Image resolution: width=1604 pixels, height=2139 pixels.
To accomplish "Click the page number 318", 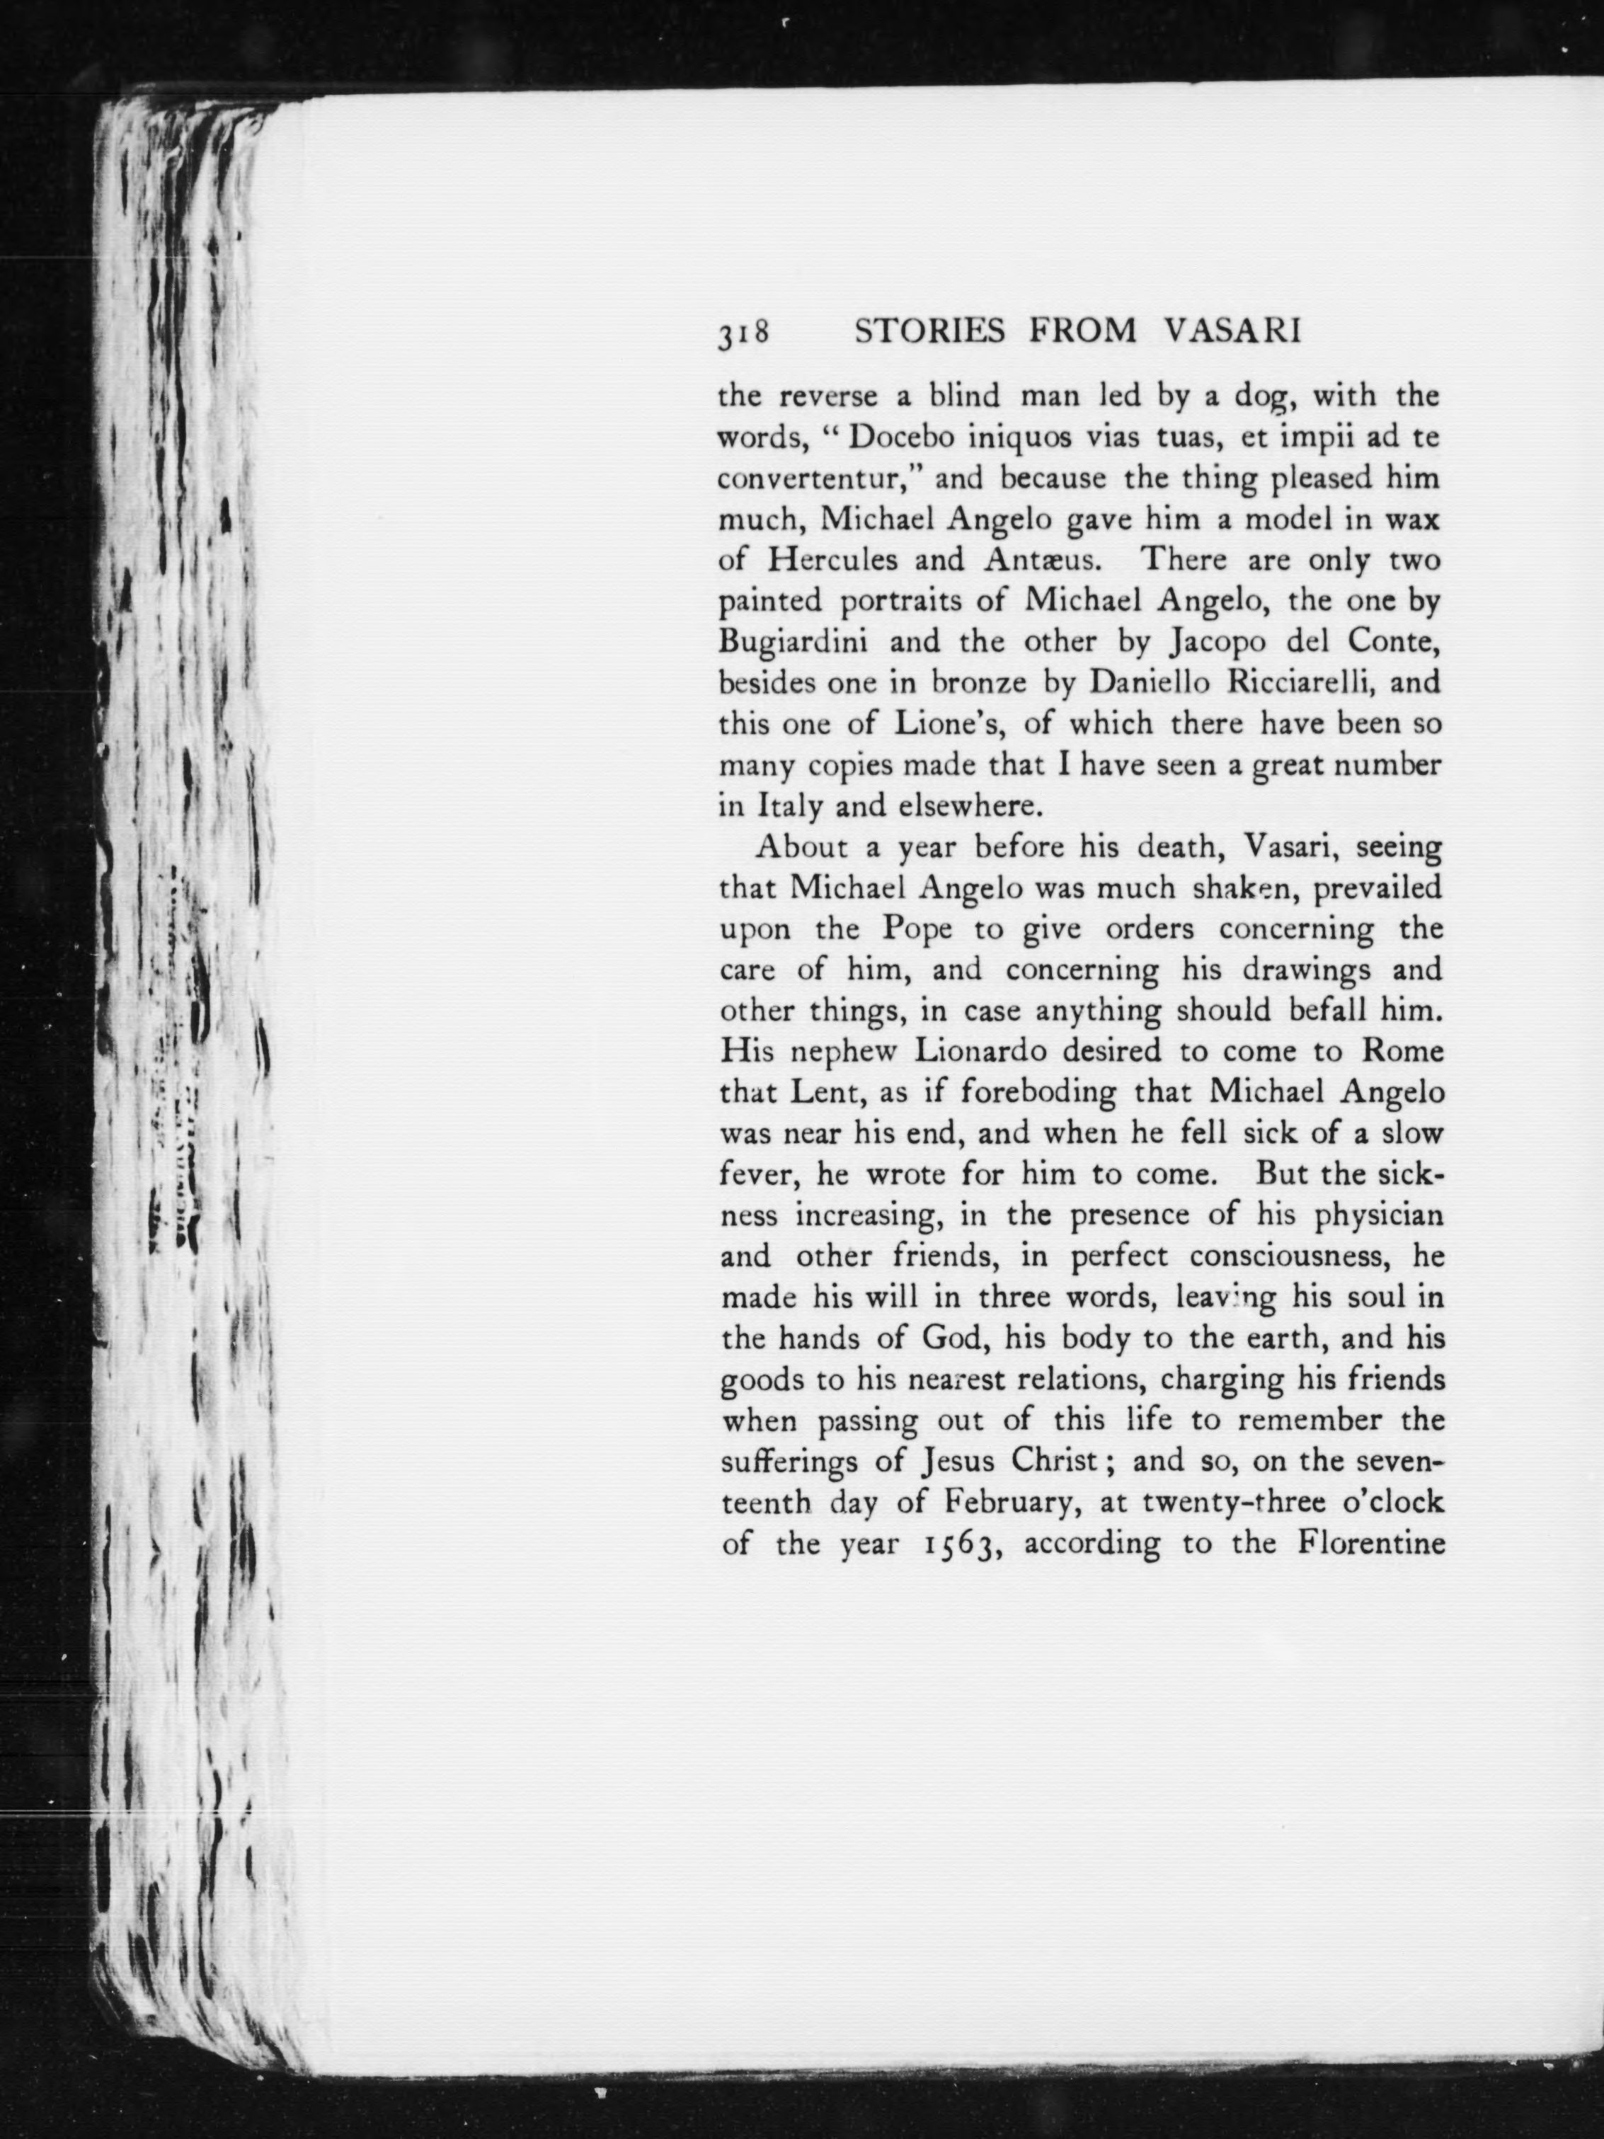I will [743, 332].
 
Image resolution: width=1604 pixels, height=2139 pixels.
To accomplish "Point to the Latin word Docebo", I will [904, 437].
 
